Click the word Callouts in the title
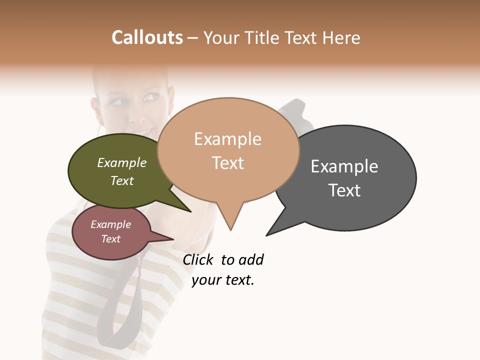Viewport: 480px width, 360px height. coord(147,37)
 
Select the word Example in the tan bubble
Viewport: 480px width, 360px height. coord(227,139)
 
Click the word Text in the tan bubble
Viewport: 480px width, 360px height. coord(227,163)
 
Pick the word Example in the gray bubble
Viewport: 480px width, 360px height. coord(344,166)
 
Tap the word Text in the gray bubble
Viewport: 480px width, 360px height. coord(344,190)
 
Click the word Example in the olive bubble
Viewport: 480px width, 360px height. coord(122,163)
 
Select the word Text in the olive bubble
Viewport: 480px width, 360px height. coord(122,180)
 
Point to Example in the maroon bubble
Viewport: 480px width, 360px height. coord(110,224)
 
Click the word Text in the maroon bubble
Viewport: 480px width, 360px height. coord(110,239)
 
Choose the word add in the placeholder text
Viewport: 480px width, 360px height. coord(250,259)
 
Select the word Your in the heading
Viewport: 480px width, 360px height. coord(221,37)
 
